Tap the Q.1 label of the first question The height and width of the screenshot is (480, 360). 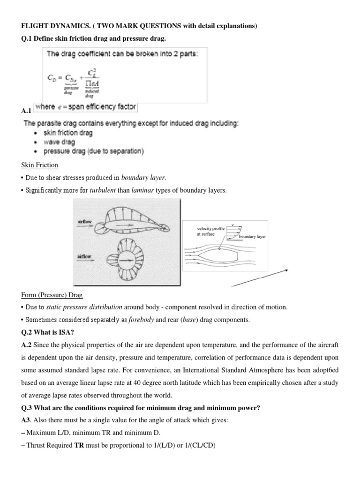pos(27,38)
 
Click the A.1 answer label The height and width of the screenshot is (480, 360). pos(26,111)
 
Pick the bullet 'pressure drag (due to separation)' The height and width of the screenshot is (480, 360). pos(94,151)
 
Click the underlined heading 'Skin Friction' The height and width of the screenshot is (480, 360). pos(39,165)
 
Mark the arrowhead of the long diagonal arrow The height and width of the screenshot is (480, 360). pos(285,270)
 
